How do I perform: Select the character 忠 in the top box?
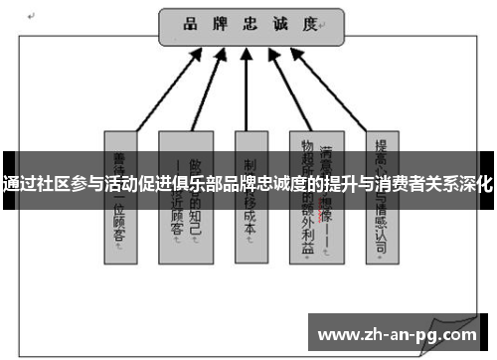[x=252, y=24]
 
